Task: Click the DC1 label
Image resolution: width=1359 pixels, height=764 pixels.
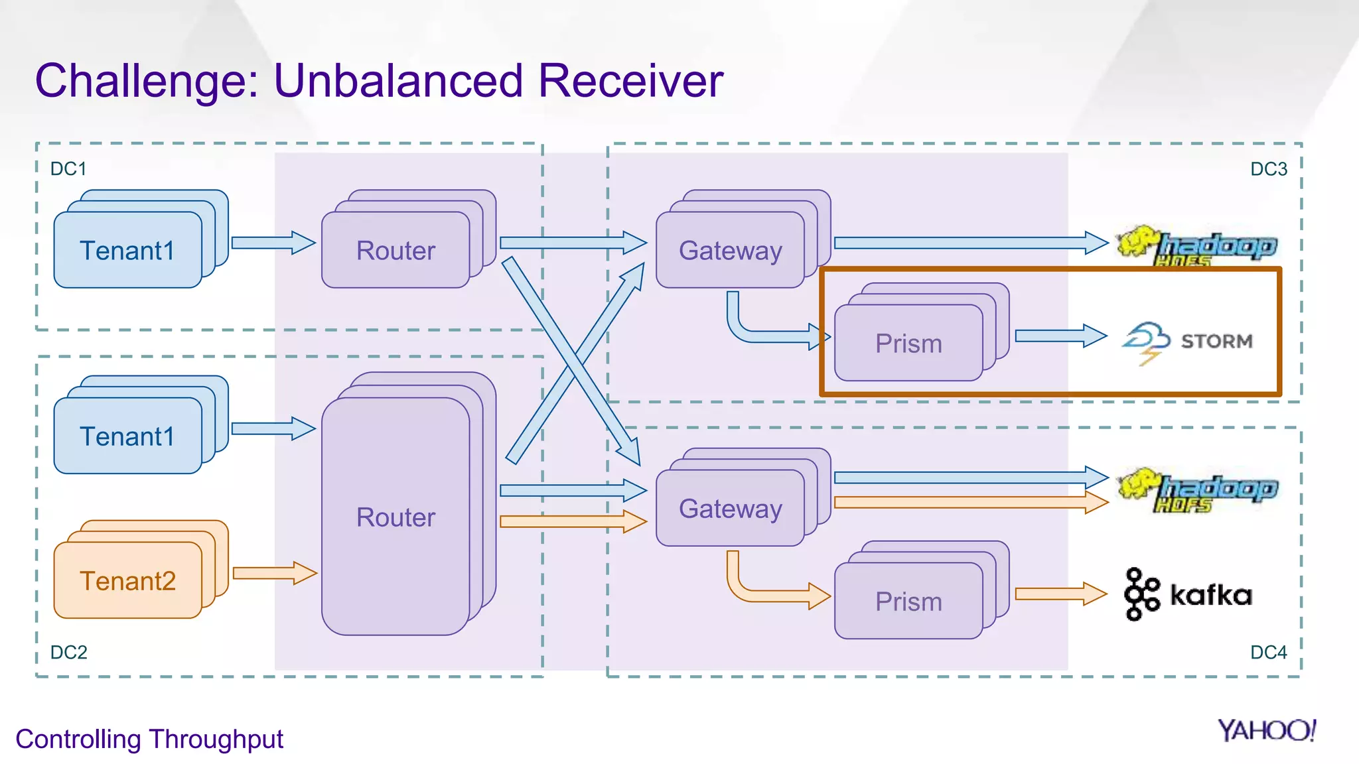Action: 68,169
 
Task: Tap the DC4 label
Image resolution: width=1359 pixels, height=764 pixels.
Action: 1268,653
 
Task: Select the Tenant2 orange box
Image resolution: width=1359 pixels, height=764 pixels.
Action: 128,581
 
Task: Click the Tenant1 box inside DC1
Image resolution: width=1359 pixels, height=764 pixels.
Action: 128,251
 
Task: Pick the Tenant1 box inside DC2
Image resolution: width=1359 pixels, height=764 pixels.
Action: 128,436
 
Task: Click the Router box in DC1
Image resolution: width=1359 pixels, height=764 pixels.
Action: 396,251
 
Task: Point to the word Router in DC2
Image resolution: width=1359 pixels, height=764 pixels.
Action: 396,517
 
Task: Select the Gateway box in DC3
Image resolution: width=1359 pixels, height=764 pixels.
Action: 731,251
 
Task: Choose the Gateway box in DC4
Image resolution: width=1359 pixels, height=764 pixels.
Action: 731,509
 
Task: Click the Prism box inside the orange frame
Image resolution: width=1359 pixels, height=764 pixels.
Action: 908,344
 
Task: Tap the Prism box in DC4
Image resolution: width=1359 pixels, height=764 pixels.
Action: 908,602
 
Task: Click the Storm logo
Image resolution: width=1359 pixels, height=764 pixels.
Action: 1187,341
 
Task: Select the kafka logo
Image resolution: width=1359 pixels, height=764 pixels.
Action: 1188,594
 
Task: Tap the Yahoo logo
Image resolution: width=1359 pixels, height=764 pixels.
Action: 1267,731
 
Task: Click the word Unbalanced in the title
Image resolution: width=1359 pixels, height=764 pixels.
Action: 398,81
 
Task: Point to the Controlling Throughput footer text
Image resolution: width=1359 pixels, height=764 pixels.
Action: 149,739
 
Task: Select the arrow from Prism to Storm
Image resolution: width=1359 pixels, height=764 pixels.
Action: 1060,336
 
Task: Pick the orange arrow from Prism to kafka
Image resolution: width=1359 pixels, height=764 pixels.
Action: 1060,594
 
